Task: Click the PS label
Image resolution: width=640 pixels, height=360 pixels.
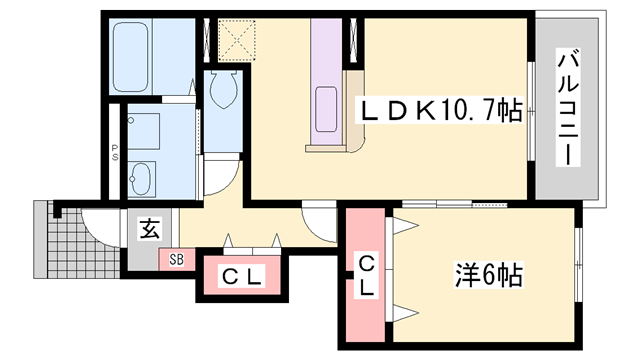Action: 115,155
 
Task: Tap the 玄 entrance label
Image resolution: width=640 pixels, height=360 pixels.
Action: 148,230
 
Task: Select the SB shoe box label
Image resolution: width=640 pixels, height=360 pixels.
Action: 176,259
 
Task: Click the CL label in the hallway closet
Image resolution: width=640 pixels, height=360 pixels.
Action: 241,277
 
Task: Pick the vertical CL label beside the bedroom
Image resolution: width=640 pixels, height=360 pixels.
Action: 367,275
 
